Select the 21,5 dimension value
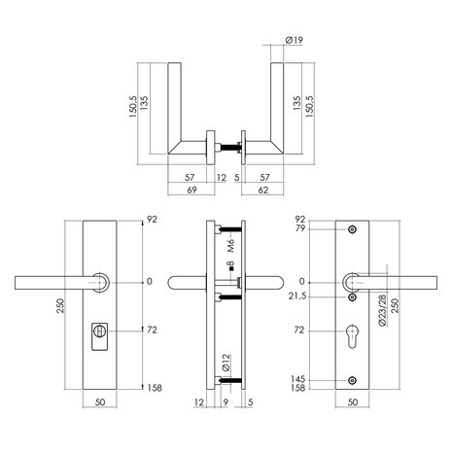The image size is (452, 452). tap(297, 294)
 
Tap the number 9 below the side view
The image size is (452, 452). tap(227, 401)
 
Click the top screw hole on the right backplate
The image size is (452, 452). tap(351, 231)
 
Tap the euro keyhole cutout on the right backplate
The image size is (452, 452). tap(351, 334)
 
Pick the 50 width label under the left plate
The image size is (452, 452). tap(101, 401)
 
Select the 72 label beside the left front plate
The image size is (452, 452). tap(152, 331)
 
